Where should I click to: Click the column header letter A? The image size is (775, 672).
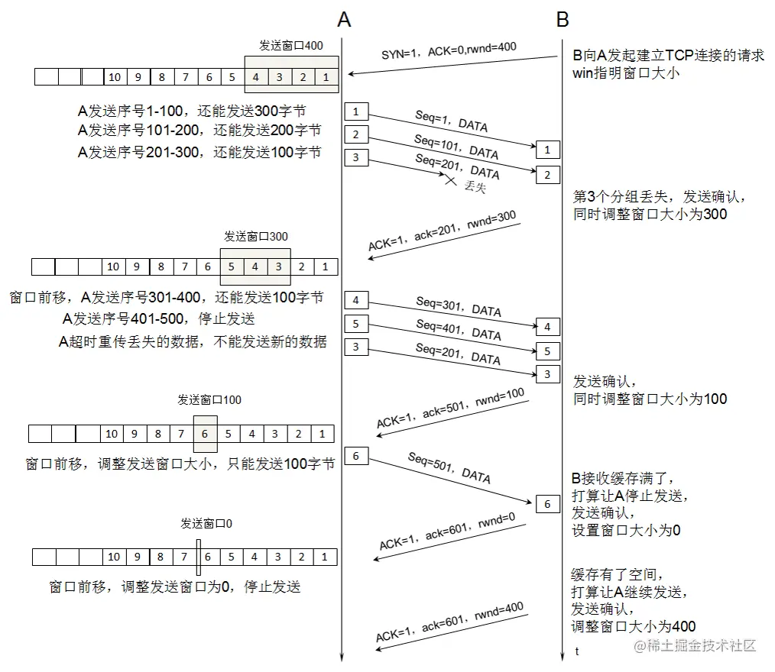[344, 20]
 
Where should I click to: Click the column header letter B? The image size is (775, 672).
[563, 20]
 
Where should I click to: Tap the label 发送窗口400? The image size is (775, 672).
[290, 46]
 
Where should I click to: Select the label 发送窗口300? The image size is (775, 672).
[256, 236]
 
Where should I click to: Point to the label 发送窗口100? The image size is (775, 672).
[209, 399]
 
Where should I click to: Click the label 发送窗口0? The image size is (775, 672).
[206, 524]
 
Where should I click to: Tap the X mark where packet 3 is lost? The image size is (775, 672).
[451, 181]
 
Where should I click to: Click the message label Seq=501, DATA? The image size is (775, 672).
[449, 467]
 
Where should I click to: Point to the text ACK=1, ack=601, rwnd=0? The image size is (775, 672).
[446, 532]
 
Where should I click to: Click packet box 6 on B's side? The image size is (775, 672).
[547, 504]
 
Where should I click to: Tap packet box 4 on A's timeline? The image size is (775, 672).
[355, 299]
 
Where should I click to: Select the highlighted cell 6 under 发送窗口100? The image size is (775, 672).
[205, 434]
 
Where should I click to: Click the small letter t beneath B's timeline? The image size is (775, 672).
[577, 651]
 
